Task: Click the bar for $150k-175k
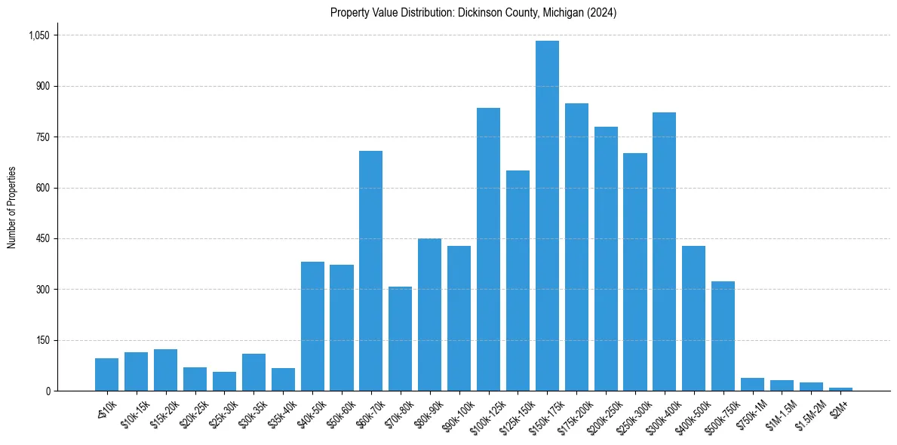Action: click(x=547, y=216)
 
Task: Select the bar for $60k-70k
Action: click(x=370, y=271)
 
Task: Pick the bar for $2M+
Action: click(x=840, y=388)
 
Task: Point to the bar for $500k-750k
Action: click(x=723, y=336)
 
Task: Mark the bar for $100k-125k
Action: click(x=488, y=249)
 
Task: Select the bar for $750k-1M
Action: click(x=752, y=384)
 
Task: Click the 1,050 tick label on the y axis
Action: click(x=38, y=35)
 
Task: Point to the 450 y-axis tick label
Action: click(x=42, y=239)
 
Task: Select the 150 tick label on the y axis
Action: click(x=42, y=340)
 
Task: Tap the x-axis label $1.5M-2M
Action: click(x=809, y=411)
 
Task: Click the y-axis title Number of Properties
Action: click(x=11, y=207)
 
